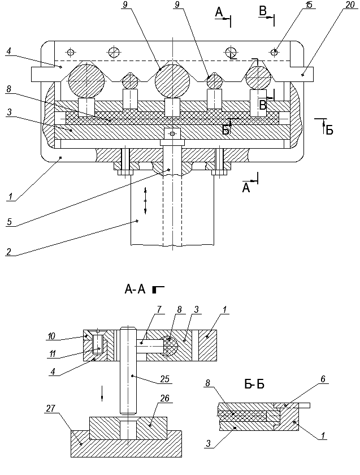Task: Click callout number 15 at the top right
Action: (x=309, y=5)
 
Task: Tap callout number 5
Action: (x=9, y=222)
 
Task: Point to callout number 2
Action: (x=8, y=253)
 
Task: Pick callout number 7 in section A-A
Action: (x=160, y=309)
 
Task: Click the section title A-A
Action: (x=135, y=290)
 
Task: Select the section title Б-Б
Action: (x=254, y=385)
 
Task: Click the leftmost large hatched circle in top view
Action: (x=86, y=80)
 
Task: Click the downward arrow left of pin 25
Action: (x=102, y=392)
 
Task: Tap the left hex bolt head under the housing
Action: (x=123, y=171)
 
